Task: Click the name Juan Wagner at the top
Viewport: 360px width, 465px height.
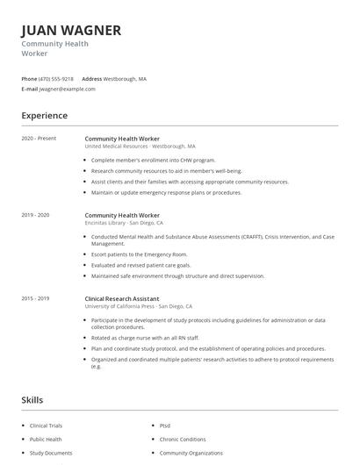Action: (71, 30)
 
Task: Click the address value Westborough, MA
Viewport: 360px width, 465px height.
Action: (125, 79)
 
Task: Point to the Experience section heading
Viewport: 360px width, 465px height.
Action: (44, 115)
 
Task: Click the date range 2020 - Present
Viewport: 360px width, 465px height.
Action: (39, 139)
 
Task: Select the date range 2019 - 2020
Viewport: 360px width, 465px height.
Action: (35, 215)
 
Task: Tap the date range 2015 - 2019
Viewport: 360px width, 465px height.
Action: (35, 298)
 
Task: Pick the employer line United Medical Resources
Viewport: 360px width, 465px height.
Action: (116, 147)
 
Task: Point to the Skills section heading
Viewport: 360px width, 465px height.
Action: (32, 400)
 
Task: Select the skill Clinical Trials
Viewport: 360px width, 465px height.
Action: (46, 426)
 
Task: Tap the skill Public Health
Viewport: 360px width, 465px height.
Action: (46, 440)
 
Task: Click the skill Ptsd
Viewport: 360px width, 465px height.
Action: (164, 426)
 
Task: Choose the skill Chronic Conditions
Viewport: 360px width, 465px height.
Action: (183, 440)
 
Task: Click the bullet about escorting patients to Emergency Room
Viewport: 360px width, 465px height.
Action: (140, 254)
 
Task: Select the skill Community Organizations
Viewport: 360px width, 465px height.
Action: (191, 454)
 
